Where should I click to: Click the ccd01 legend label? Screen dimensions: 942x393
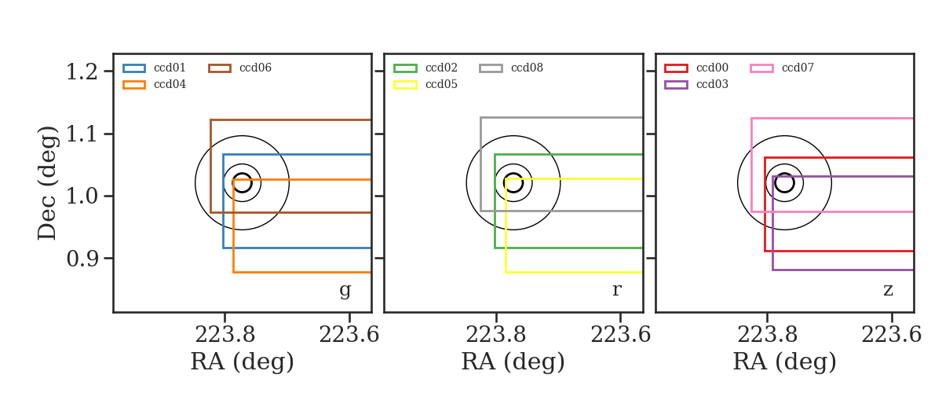(170, 68)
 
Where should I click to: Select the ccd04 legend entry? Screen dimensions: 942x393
(170, 84)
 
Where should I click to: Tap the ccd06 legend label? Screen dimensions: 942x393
(255, 68)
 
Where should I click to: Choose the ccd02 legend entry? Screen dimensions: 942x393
(441, 68)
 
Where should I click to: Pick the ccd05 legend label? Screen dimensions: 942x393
(441, 84)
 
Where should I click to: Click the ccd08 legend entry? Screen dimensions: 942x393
(527, 68)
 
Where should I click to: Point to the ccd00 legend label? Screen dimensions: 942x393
(712, 68)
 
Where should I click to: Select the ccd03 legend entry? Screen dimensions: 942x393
(712, 84)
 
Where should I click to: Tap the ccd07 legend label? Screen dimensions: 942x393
(798, 68)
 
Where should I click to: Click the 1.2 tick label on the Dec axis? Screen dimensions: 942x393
(82, 72)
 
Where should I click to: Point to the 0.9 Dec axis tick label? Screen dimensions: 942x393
(82, 259)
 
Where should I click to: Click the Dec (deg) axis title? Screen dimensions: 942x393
(46, 183)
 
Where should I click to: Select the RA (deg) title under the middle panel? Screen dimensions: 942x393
(513, 362)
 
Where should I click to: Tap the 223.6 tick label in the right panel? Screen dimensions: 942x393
(891, 335)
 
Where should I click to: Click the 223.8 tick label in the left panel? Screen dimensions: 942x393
(225, 335)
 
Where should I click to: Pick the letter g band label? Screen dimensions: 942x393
(345, 290)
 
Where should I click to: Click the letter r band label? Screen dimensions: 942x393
(616, 290)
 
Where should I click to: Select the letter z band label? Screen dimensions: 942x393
(888, 290)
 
